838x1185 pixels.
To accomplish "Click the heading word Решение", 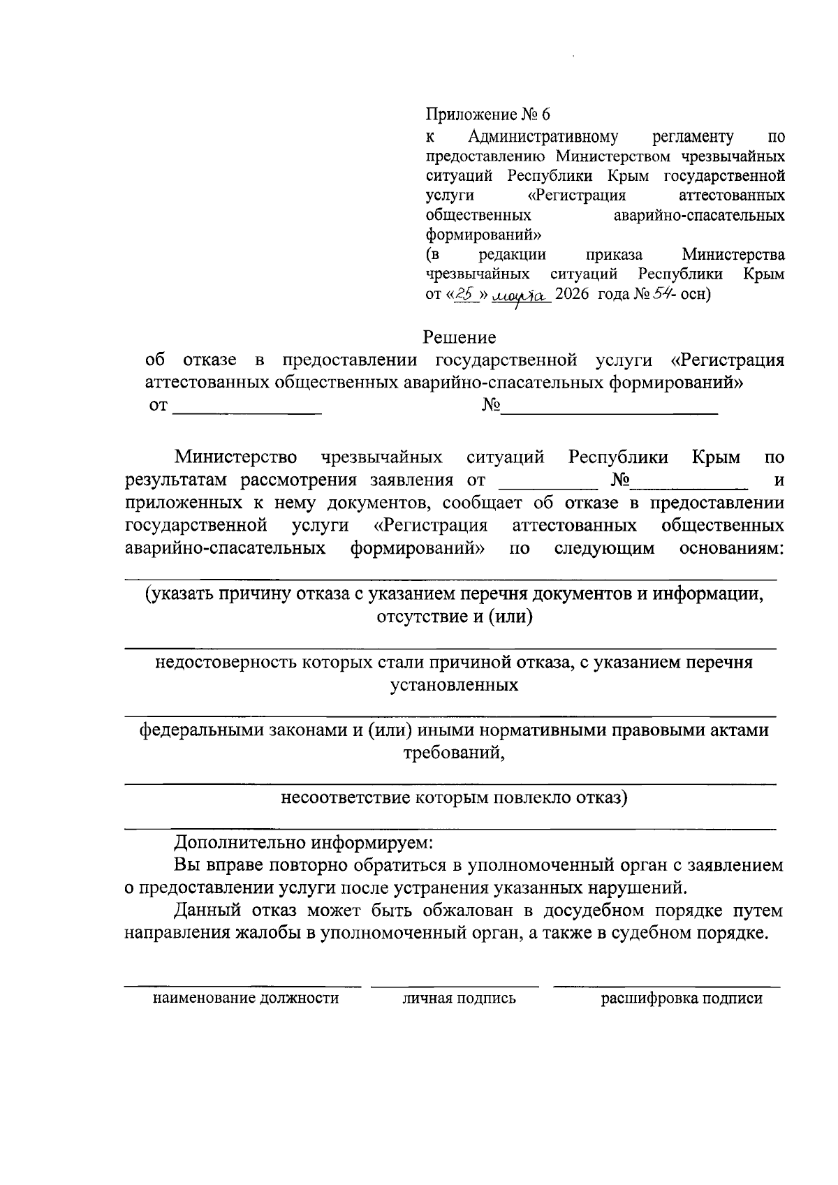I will (460, 337).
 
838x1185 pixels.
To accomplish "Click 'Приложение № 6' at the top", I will (488, 114).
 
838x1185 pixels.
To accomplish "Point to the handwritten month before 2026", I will (522, 295).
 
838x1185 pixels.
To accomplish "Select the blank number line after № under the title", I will (610, 407).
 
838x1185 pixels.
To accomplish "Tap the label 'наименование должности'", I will (246, 999).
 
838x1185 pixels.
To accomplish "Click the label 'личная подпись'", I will (459, 999).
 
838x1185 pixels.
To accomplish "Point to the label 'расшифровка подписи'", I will (682, 999).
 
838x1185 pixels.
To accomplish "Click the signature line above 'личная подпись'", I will (455, 985).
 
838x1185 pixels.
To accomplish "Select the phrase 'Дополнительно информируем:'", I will (304, 842).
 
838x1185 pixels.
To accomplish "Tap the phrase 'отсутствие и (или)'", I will (455, 617).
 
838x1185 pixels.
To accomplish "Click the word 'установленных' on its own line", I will (454, 685).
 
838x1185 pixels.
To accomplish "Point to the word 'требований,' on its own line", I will (454, 753).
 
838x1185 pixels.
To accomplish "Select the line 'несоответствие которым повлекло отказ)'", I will (454, 797).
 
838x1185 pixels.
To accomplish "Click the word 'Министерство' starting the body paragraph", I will (236, 458).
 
